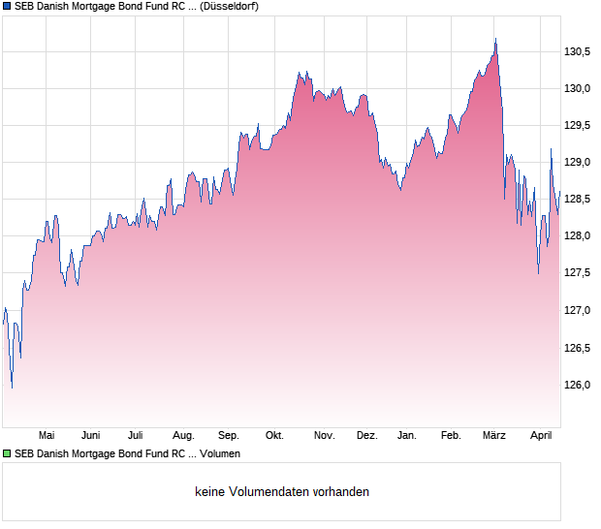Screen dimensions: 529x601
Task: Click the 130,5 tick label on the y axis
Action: (x=578, y=52)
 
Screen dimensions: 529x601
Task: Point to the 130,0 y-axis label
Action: (x=578, y=89)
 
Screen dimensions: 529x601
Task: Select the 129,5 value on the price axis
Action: (x=578, y=126)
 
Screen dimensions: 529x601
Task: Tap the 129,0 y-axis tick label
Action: (x=578, y=163)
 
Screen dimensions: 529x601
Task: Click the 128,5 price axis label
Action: (x=578, y=200)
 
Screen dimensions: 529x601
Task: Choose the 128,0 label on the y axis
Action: (x=578, y=236)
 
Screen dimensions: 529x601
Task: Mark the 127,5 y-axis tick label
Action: (x=578, y=273)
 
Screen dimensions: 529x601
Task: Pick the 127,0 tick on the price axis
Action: (x=578, y=311)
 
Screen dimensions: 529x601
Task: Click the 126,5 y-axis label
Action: (x=578, y=348)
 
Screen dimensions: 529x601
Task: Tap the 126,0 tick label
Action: (x=578, y=385)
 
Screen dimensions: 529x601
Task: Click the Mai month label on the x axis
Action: (x=46, y=436)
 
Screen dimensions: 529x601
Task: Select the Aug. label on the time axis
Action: (x=183, y=436)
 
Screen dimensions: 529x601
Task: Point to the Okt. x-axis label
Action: (x=274, y=436)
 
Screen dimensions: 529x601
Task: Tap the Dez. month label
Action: (x=366, y=436)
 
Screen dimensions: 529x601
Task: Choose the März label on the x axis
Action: (x=494, y=436)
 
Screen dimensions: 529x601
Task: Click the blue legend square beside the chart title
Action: (x=7, y=6)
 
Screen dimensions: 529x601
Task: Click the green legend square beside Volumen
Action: (x=7, y=453)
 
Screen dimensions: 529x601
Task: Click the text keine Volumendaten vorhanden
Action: (x=282, y=492)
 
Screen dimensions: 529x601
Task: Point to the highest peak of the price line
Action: (x=495, y=39)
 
